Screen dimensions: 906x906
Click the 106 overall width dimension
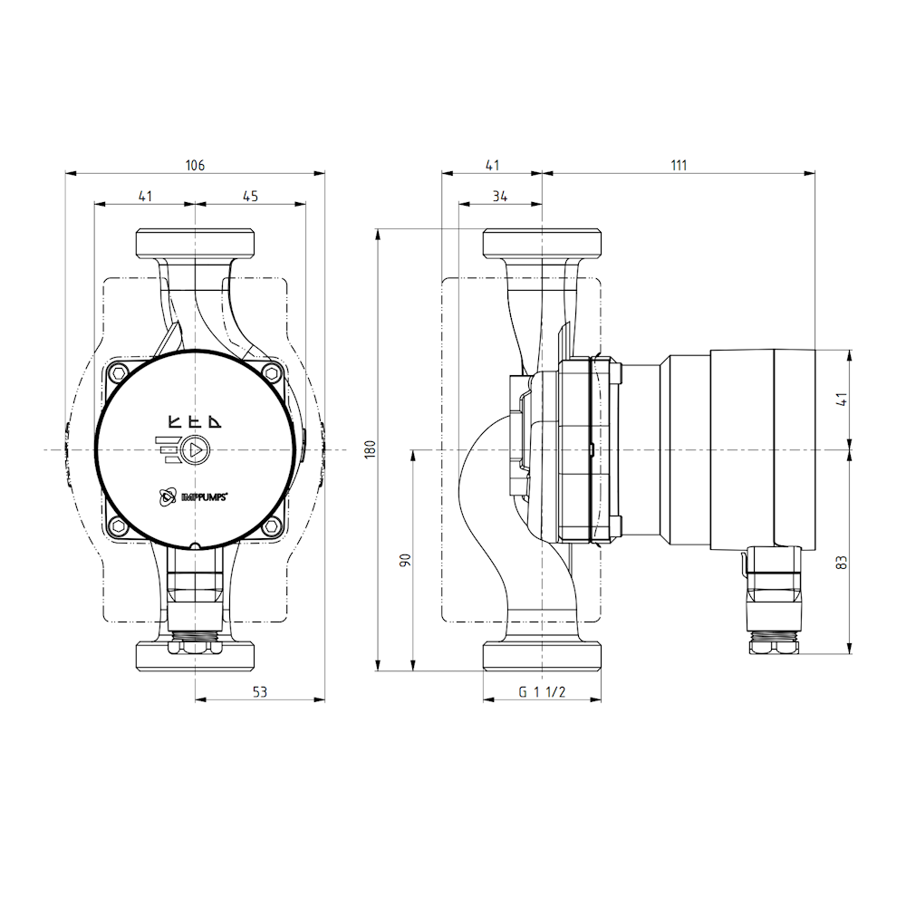[x=195, y=165]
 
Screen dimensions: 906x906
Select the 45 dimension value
[x=251, y=196]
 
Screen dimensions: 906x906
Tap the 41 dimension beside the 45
[x=145, y=196]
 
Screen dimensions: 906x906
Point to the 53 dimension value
[x=260, y=692]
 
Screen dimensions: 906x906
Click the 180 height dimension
[x=369, y=450]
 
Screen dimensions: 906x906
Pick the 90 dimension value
[x=405, y=560]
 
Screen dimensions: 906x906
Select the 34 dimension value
[x=500, y=196]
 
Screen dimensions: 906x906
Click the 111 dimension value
[x=679, y=165]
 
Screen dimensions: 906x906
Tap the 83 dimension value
[x=842, y=561]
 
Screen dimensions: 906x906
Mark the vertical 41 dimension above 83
[x=842, y=399]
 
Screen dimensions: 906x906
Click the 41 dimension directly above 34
[x=492, y=165]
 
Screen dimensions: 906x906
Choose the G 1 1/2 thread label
[x=542, y=692]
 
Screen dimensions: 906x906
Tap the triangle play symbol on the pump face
[x=196, y=450]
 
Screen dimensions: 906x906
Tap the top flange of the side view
[x=542, y=243]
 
